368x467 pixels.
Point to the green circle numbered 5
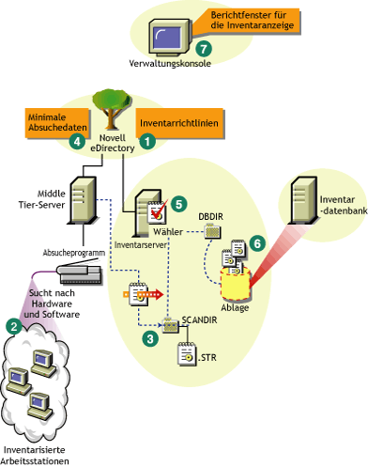pyautogui.click(x=179, y=201)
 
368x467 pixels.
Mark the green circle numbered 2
pyautogui.click(x=14, y=327)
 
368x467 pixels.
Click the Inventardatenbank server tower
pyautogui.click(x=305, y=209)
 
